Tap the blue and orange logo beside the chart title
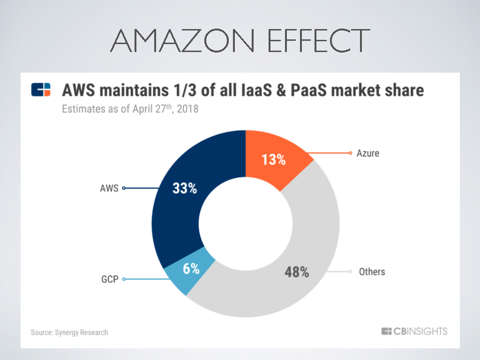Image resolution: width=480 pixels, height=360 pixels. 41,90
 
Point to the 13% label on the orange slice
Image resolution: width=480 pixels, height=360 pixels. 274,160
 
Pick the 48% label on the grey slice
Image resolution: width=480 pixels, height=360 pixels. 297,272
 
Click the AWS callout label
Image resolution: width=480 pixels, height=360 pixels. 109,188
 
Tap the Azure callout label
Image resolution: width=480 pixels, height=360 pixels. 368,153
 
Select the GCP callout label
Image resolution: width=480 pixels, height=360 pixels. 110,279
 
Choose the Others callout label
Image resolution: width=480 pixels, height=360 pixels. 372,271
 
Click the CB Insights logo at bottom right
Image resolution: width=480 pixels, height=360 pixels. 414,331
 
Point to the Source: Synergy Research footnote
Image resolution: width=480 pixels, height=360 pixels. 69,332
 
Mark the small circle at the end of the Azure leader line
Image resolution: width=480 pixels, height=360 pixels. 350,153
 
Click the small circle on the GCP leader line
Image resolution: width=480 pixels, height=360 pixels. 124,279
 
